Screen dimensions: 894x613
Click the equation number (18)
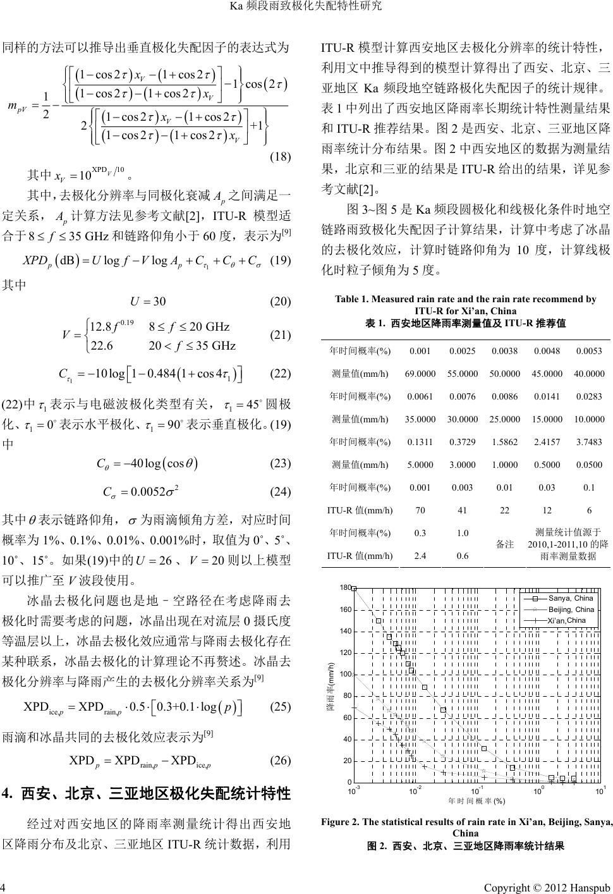coord(280,156)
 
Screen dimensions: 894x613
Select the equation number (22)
coord(280,374)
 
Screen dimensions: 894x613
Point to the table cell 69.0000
coord(420,374)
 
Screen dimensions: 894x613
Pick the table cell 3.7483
coord(588,442)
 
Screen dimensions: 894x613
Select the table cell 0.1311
coord(420,442)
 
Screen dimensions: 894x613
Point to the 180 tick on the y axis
coord(345,588)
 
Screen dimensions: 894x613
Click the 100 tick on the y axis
coord(345,674)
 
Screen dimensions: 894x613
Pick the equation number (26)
coord(280,761)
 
